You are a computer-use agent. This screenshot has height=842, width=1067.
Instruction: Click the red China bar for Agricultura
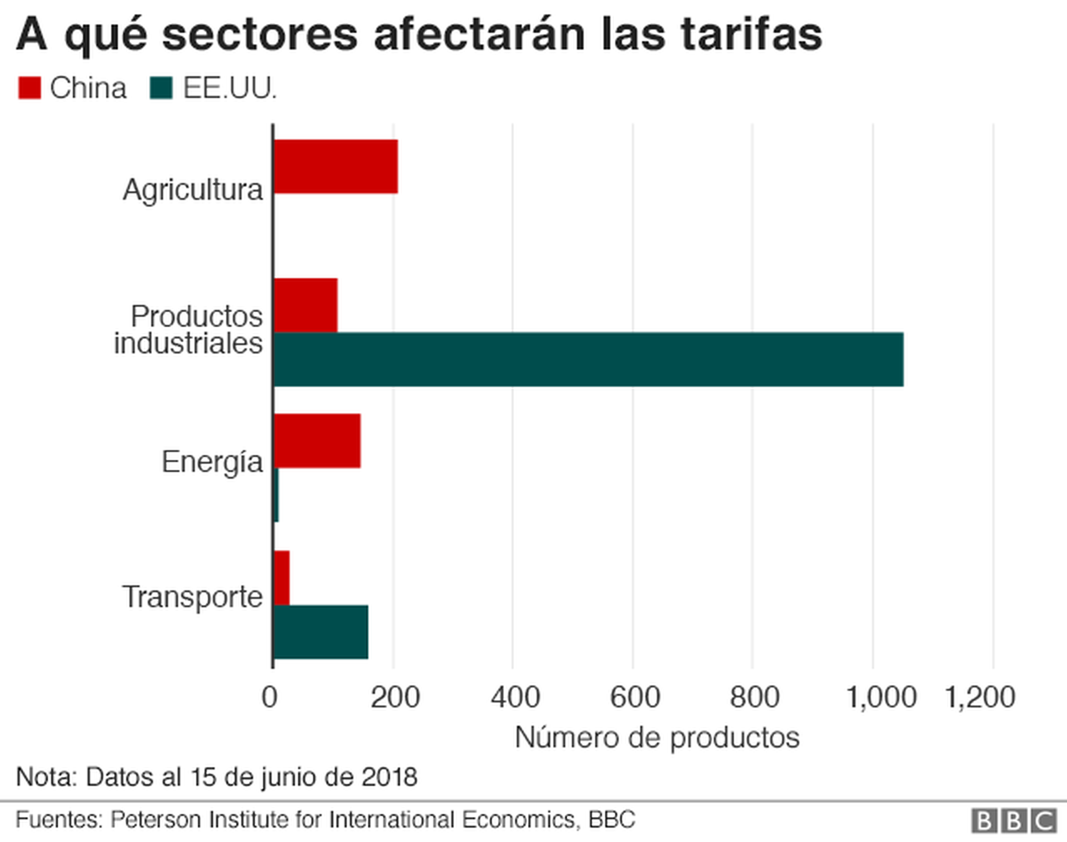[x=336, y=166]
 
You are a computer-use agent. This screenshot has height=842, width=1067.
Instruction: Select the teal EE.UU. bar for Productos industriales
[x=588, y=359]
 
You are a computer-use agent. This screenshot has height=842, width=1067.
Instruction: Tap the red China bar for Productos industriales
[x=305, y=305]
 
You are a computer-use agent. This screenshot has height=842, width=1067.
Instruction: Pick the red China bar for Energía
[x=317, y=441]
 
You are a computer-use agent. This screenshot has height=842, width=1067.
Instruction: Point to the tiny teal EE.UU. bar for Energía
[x=276, y=495]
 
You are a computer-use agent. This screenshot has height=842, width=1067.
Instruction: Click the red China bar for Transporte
[x=282, y=577]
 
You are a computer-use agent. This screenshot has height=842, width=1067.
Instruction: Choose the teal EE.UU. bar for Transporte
[x=321, y=632]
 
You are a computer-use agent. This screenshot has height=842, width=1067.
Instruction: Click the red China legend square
[x=29, y=88]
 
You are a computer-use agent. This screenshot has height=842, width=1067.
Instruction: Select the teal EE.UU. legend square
[x=161, y=88]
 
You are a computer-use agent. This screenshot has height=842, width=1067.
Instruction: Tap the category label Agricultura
[x=193, y=190]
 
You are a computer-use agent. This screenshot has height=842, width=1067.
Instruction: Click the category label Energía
[x=212, y=462]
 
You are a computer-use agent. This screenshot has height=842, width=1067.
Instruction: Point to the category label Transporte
[x=192, y=597]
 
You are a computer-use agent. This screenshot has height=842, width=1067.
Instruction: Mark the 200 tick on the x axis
[x=395, y=697]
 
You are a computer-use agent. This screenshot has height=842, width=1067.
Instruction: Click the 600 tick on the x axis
[x=635, y=697]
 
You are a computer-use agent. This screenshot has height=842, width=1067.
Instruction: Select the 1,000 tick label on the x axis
[x=881, y=697]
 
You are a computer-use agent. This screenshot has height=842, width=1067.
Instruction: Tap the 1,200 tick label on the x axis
[x=980, y=697]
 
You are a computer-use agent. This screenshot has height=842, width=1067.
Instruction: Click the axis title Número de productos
[x=657, y=738]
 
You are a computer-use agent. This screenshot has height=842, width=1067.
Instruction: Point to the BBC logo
[x=1014, y=821]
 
